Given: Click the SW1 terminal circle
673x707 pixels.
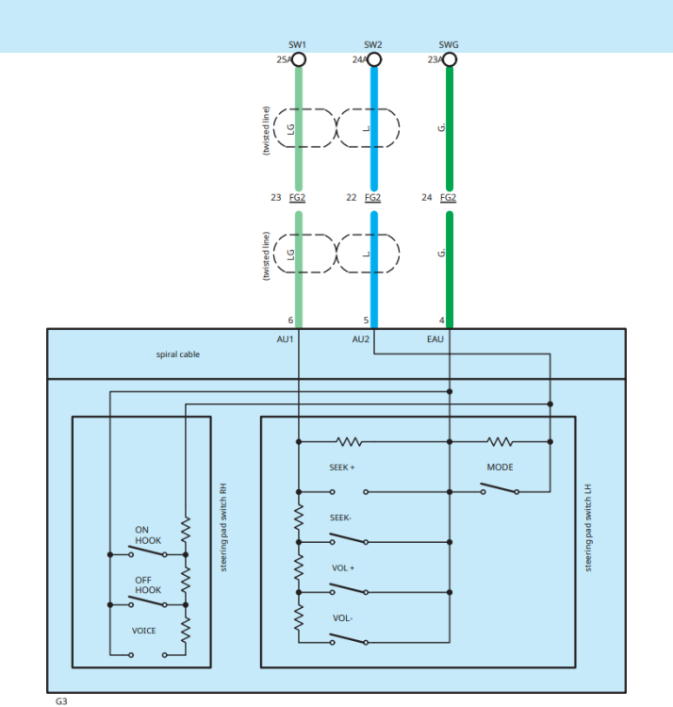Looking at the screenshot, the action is tap(299, 59).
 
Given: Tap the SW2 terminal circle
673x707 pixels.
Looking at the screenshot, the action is tap(374, 59).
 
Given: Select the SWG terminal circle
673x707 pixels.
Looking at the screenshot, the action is tap(450, 59).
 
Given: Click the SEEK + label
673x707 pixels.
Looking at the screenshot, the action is tap(341, 468).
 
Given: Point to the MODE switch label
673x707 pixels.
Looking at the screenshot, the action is tap(500, 468).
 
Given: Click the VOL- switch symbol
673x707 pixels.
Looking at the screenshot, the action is tap(349, 639).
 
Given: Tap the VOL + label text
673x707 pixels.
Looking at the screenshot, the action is tap(343, 568).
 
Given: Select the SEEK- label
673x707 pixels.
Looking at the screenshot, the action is tap(340, 518).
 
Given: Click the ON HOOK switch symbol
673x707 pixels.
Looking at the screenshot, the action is tap(148, 551).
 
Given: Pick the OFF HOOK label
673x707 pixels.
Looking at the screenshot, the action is tap(148, 584).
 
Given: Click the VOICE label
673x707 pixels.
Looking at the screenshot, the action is tap(144, 631).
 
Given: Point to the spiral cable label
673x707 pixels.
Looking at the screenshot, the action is tap(177, 354).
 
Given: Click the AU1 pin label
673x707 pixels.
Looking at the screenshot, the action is tap(285, 339).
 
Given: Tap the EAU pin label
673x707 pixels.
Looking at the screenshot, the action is tap(435, 339).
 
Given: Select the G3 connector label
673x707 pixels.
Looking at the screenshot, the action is tap(61, 701).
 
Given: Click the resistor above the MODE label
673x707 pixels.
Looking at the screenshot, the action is tap(500, 442).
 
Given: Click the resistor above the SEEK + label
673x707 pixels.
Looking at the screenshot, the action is tap(350, 442).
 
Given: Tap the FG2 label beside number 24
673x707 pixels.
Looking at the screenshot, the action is tap(448, 198).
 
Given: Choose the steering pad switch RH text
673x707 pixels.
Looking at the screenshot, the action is tap(223, 528).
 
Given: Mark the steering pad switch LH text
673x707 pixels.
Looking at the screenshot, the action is tap(588, 528).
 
